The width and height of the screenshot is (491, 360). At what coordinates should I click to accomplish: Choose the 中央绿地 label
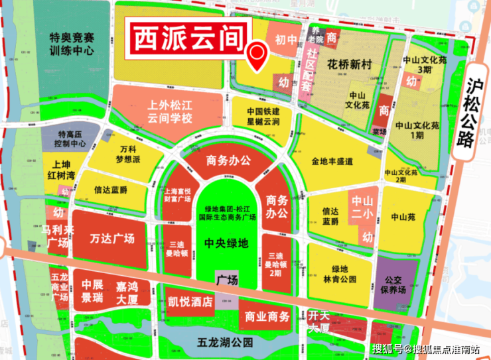coord(226,243)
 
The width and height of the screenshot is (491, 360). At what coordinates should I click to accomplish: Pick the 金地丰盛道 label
coord(332,161)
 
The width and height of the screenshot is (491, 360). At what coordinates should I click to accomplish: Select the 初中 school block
coord(286,40)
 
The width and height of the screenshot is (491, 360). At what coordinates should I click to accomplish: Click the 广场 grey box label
coord(227,280)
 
